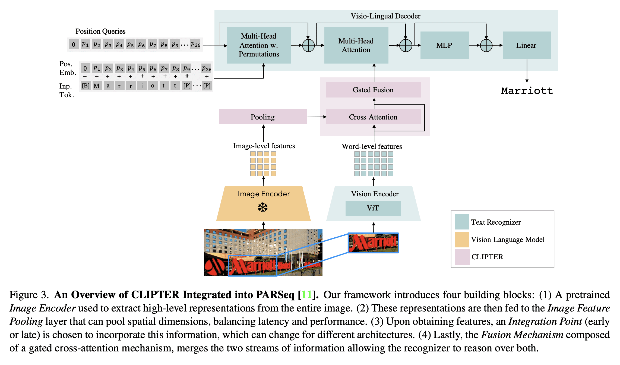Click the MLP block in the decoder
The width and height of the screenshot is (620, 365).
pos(444,45)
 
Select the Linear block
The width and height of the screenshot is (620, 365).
pos(526,45)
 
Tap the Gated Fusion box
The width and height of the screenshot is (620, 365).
pos(373,90)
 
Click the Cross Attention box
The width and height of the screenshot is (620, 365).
pos(373,117)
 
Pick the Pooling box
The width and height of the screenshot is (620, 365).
pos(263,117)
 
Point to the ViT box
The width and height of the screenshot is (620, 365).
pos(373,208)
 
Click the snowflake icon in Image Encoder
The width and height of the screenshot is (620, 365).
pos(263,207)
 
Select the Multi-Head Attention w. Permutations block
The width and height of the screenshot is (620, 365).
pos(259,45)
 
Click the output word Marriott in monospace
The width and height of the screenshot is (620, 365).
pos(527,91)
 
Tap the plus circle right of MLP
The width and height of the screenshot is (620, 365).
pos(486,45)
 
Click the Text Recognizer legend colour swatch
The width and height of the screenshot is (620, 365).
pos(462,222)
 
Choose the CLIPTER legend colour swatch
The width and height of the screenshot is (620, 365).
pos(462,257)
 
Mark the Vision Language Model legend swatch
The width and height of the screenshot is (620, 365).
pos(462,239)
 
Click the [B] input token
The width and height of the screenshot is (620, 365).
pos(86,86)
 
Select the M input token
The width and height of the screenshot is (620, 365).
pos(97,86)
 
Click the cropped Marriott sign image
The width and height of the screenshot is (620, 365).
pos(373,243)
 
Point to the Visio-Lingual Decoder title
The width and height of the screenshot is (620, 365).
pos(385,16)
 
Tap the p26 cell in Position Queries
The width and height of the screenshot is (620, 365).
pos(195,44)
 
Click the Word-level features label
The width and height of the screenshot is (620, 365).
pos(372,146)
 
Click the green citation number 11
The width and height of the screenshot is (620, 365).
pos(306,295)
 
